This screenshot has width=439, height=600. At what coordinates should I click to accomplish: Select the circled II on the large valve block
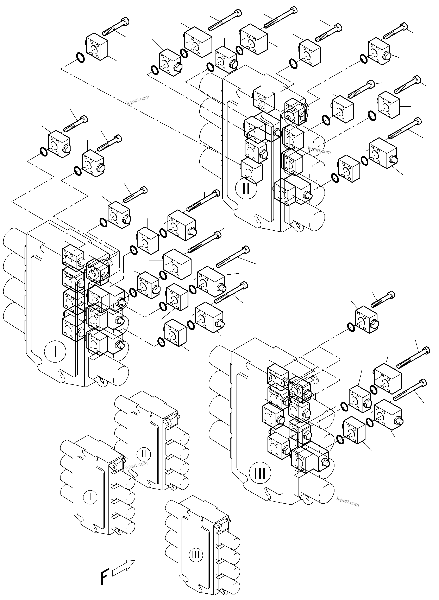tap(246, 189)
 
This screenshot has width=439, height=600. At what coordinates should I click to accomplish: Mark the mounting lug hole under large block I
tap(99, 381)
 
